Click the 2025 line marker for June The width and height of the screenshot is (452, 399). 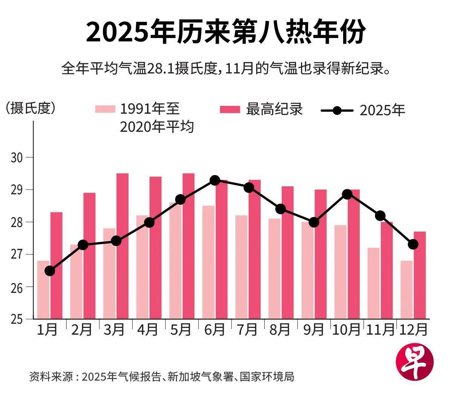pos(215,180)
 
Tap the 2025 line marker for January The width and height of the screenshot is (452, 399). pos(50,271)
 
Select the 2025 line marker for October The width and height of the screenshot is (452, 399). pos(347,194)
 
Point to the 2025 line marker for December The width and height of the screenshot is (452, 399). pos(413,244)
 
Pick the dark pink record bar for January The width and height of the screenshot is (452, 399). pos(56,265)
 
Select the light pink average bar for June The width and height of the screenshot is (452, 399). pos(208,262)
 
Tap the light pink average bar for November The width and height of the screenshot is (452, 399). pos(373,283)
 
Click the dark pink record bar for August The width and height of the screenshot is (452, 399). pos(287,252)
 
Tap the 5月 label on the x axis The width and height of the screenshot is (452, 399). pos(181,330)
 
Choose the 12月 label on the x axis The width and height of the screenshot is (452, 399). pos(413,330)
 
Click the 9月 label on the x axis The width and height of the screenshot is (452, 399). pos(313,330)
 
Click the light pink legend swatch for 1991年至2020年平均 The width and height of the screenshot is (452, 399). pos(105,110)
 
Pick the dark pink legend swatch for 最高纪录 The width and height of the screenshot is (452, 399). pos(230,110)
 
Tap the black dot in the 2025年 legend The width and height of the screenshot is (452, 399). pos(337,111)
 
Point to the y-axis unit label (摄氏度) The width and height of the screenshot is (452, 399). pos(30,108)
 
